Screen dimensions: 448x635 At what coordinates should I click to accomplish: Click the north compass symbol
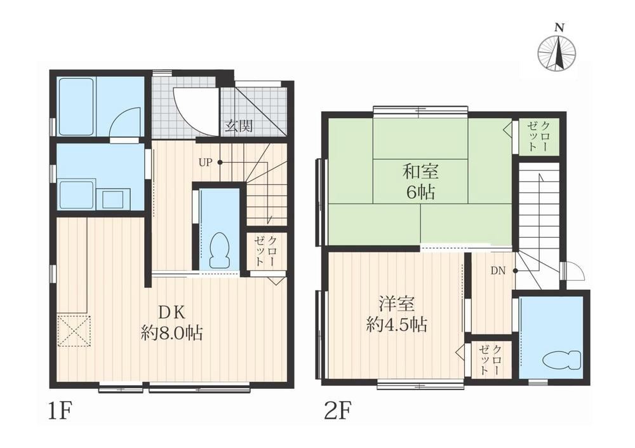[557, 51]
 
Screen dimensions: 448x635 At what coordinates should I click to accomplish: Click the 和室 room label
[419, 172]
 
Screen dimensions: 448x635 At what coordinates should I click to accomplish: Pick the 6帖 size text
[419, 192]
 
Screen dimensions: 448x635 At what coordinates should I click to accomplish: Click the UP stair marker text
[204, 162]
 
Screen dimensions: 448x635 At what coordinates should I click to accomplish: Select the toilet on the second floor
[562, 360]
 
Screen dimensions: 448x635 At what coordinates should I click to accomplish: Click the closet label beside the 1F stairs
[266, 252]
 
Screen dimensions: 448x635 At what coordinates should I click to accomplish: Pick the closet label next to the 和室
[538, 135]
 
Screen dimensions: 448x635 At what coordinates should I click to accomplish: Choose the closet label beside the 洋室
[490, 359]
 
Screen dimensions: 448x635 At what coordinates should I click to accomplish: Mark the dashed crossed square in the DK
[74, 330]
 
